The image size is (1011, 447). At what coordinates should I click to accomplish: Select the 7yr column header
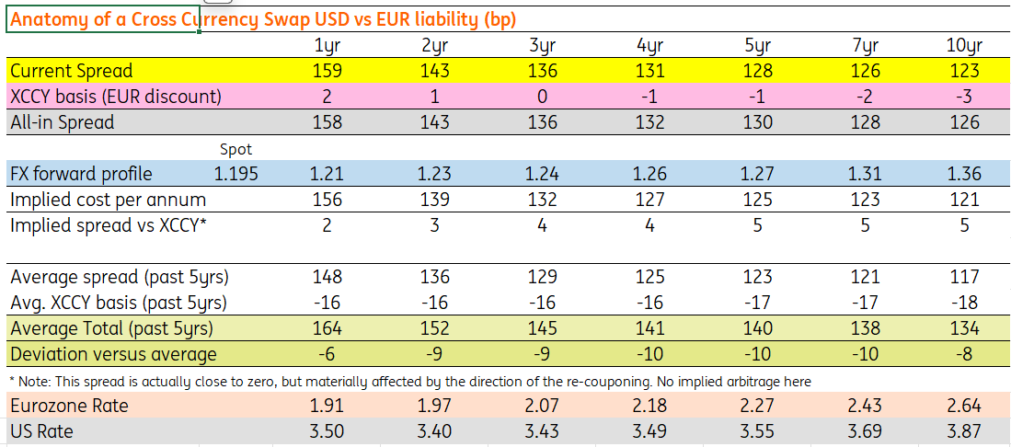click(x=865, y=46)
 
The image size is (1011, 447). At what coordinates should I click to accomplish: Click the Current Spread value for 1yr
click(x=327, y=71)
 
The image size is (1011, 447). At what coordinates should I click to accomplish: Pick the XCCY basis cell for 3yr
click(x=542, y=97)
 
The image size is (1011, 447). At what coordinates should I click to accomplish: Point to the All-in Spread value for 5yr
click(x=757, y=122)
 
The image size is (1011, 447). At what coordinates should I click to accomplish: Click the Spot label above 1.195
click(x=236, y=150)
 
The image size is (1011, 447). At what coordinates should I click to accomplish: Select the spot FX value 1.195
click(x=236, y=174)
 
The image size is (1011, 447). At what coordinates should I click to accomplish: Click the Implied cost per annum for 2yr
click(x=434, y=200)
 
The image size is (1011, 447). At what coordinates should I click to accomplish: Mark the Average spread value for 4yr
click(x=649, y=278)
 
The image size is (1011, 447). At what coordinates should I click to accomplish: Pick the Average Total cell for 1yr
click(x=327, y=329)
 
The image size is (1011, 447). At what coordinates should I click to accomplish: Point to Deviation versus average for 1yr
click(x=327, y=354)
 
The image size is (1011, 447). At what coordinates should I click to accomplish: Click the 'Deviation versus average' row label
click(x=114, y=355)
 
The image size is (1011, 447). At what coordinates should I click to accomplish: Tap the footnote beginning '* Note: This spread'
click(x=410, y=382)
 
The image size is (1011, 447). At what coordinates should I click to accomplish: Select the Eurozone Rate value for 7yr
click(x=865, y=407)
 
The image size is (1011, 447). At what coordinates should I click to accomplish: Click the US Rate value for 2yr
click(x=434, y=430)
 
